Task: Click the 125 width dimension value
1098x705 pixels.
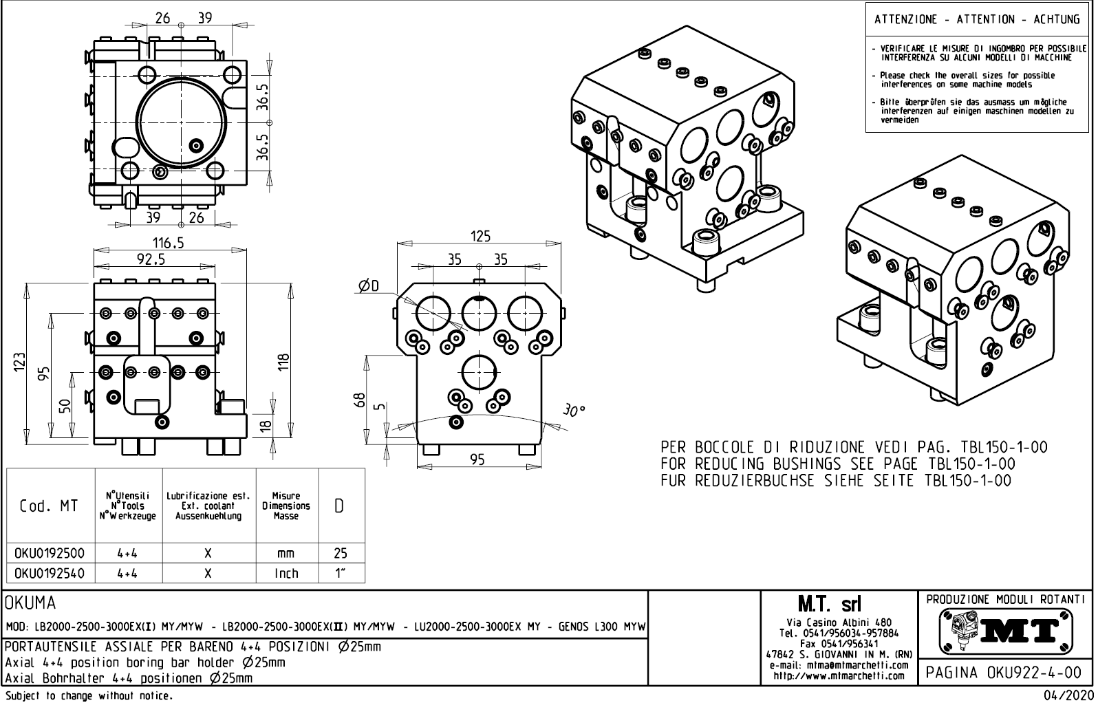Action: pos(480,236)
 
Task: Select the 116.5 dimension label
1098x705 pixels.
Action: pos(168,243)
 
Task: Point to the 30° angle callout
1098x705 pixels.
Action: pos(572,411)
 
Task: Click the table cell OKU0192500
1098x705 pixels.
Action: pos(50,553)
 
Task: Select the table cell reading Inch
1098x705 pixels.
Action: pos(286,573)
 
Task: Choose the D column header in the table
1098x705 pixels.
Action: pos(340,506)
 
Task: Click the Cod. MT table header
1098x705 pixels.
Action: pos(50,507)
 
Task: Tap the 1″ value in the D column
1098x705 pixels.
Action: pos(340,573)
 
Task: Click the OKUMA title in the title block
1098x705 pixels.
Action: pos(30,604)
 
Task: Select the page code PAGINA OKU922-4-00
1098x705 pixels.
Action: pos(1004,672)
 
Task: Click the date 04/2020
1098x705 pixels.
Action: pos(1068,696)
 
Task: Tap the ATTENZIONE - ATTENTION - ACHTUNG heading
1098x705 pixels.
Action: pos(977,19)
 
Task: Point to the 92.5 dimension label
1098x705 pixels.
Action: pos(151,259)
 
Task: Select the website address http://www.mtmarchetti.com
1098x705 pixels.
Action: pos(839,675)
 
